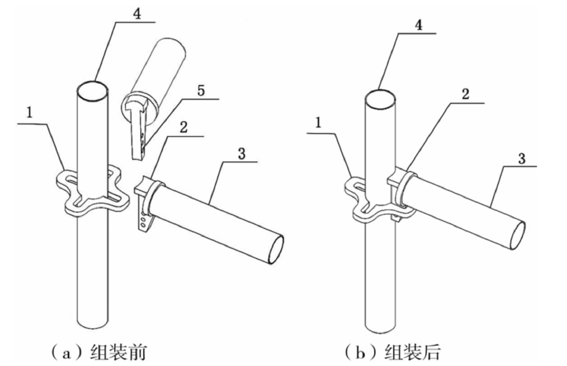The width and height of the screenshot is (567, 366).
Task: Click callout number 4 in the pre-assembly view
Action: click(x=137, y=14)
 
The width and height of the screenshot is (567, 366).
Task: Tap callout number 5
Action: click(x=201, y=91)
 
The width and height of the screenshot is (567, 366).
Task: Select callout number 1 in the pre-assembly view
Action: click(x=29, y=113)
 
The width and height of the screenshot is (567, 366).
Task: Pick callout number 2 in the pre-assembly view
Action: click(x=183, y=127)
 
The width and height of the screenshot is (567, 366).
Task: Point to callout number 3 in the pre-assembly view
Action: click(x=241, y=154)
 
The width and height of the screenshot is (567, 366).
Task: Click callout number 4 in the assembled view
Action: click(x=418, y=25)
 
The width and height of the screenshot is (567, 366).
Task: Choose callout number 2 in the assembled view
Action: click(x=465, y=94)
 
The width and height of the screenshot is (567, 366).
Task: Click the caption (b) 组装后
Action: click(x=393, y=352)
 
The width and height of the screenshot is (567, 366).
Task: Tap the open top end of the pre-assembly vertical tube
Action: click(x=92, y=91)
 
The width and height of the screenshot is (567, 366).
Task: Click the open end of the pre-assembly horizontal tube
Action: click(x=275, y=250)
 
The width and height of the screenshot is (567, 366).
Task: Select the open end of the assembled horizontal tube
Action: click(x=516, y=235)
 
